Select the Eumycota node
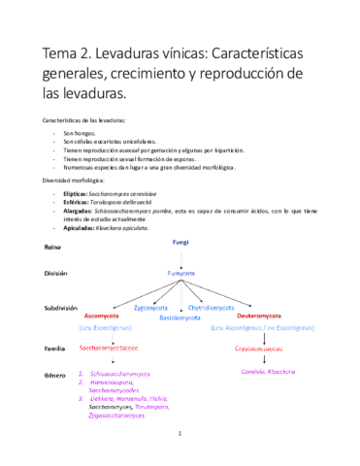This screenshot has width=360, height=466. coord(181,274)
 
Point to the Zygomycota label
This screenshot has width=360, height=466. coord(150,308)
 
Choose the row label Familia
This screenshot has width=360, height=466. coord(55,346)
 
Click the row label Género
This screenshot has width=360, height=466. coord(54,373)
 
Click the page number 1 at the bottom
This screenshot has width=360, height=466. coord(180,448)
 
